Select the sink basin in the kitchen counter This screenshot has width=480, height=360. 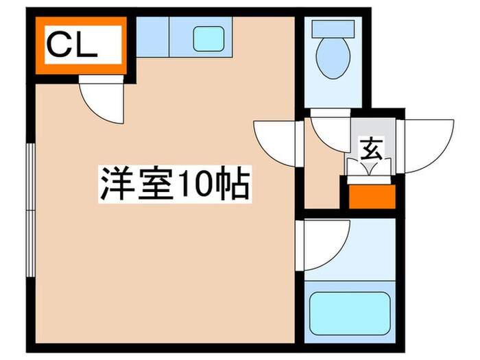coord(208,38)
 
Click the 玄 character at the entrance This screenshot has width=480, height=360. coord(371,147)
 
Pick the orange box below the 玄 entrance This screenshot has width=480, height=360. coord(371,195)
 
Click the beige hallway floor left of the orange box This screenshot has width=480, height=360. coord(322,185)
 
